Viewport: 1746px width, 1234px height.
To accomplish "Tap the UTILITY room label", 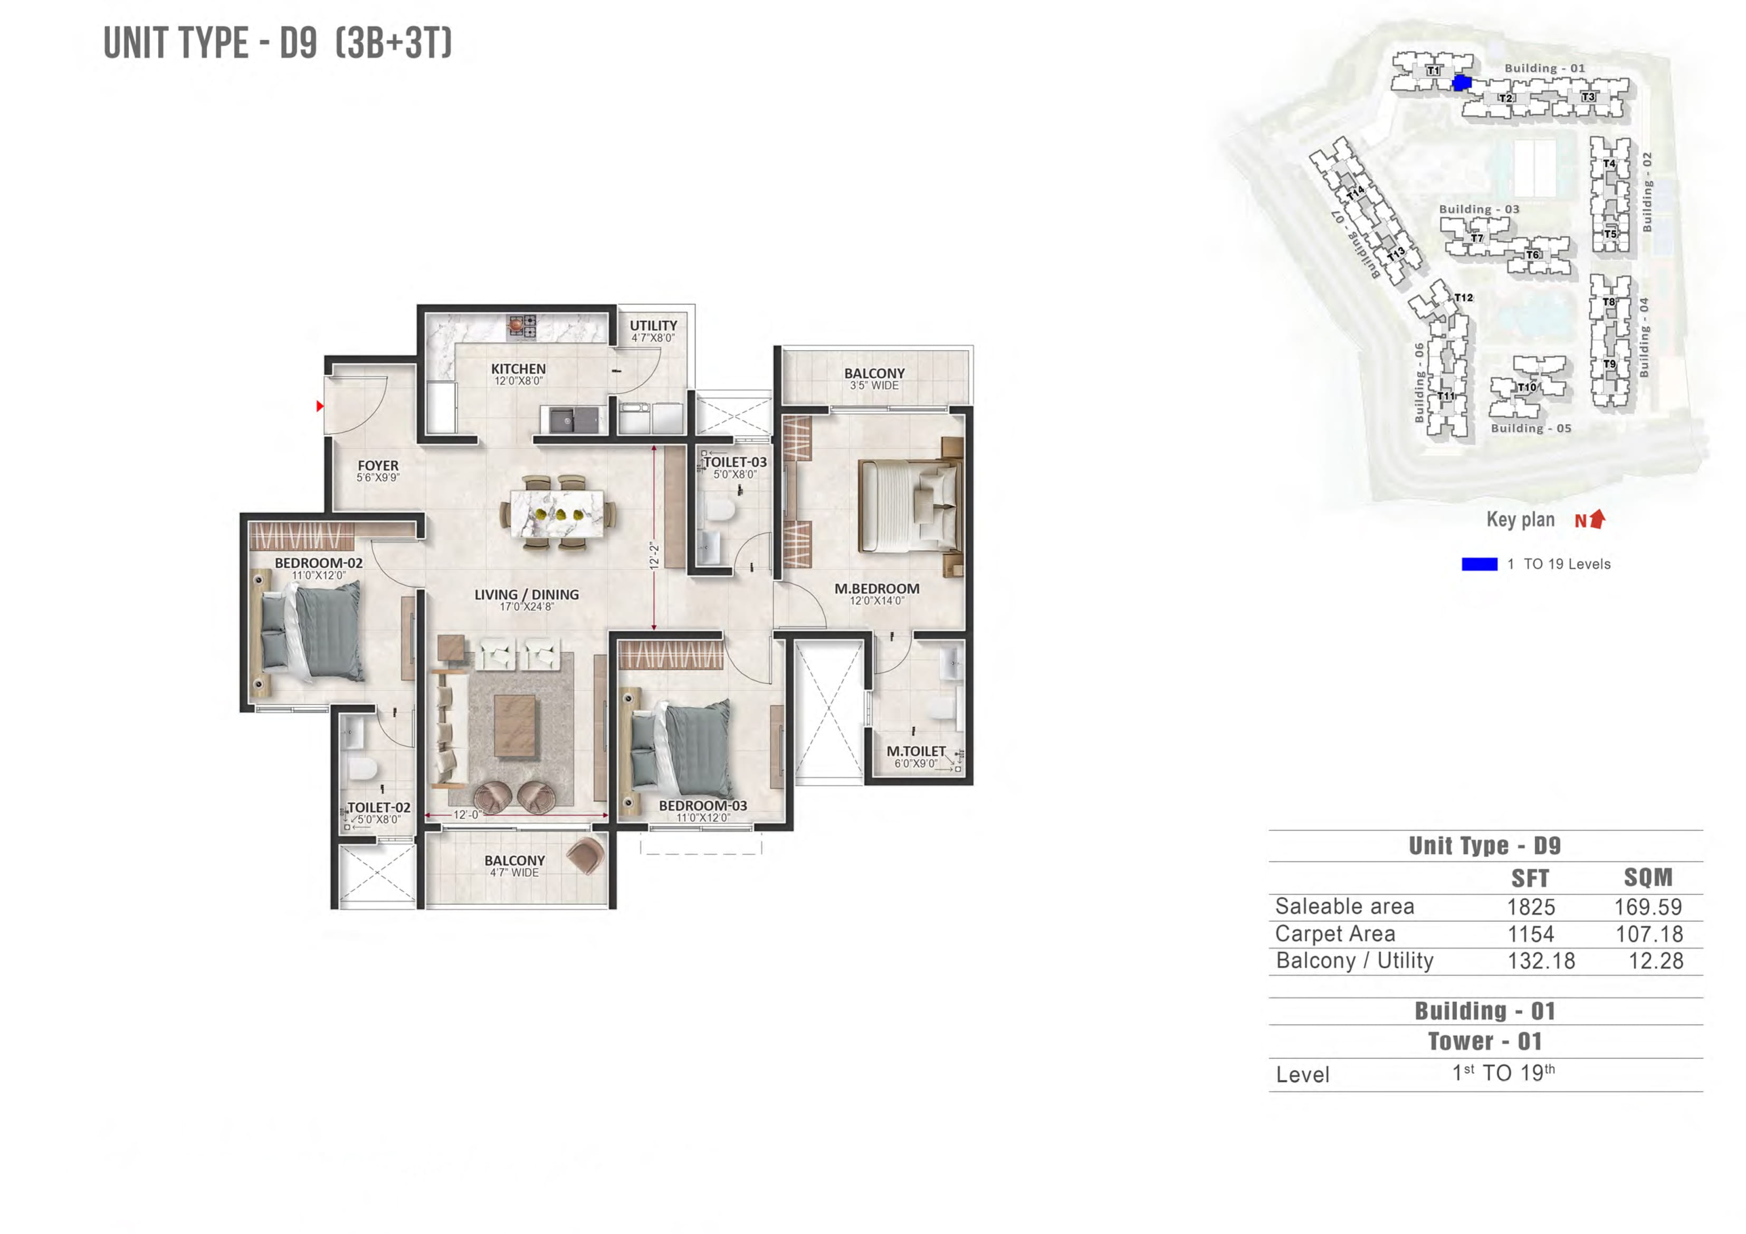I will [x=653, y=326].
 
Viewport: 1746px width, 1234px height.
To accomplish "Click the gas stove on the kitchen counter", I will [x=522, y=326].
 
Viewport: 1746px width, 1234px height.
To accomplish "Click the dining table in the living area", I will [x=557, y=513].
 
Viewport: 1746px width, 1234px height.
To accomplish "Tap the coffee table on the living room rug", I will [x=515, y=726].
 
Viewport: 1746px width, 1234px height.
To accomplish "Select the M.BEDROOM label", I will [x=877, y=588].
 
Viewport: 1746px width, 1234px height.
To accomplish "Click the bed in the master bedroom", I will [x=909, y=505].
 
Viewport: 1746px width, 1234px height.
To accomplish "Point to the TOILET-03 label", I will [x=734, y=462].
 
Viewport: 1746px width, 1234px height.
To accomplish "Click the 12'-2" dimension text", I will [x=654, y=556].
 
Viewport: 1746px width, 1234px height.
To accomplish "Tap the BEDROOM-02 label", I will [x=319, y=563].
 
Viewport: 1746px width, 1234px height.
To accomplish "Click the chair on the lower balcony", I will [x=586, y=855].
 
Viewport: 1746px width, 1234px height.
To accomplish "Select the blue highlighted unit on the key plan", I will [x=1462, y=83].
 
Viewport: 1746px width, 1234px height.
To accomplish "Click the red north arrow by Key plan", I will [x=1598, y=519].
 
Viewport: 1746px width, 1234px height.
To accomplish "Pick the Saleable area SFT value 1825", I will [x=1531, y=906].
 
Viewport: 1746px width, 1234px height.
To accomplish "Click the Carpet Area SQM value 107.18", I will [x=1649, y=934].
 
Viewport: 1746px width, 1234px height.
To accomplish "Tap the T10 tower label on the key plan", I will [x=1526, y=387].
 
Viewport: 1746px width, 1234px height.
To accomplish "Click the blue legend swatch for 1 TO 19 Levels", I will [x=1479, y=564].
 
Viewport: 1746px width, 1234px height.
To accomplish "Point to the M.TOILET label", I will [x=915, y=751].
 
